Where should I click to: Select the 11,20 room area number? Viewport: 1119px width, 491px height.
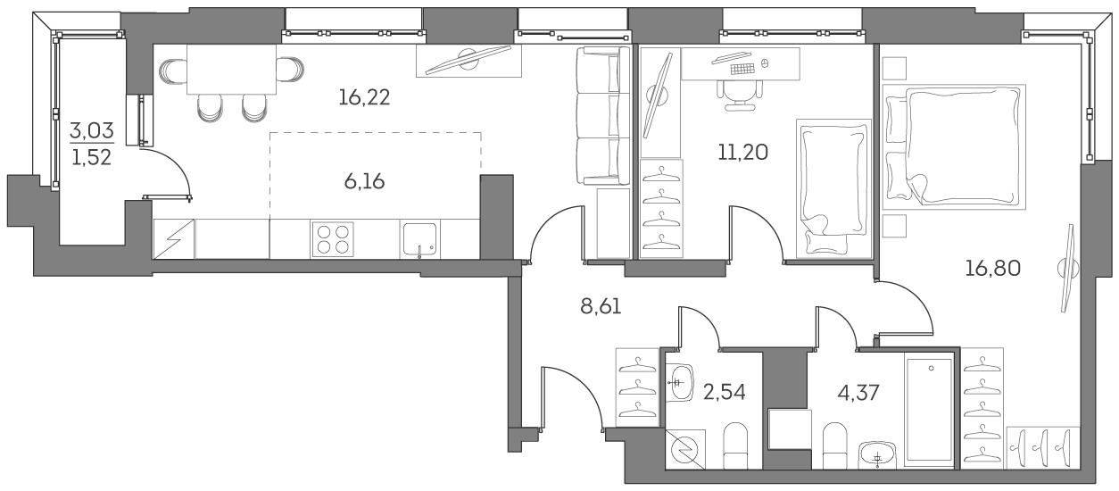click(x=742, y=151)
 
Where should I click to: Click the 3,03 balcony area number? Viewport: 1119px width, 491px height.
click(x=93, y=132)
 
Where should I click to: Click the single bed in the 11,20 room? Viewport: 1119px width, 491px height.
click(x=833, y=188)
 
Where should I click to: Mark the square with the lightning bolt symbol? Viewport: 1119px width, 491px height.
click(x=173, y=238)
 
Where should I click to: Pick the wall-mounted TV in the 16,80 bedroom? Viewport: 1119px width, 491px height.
click(x=1066, y=267)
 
